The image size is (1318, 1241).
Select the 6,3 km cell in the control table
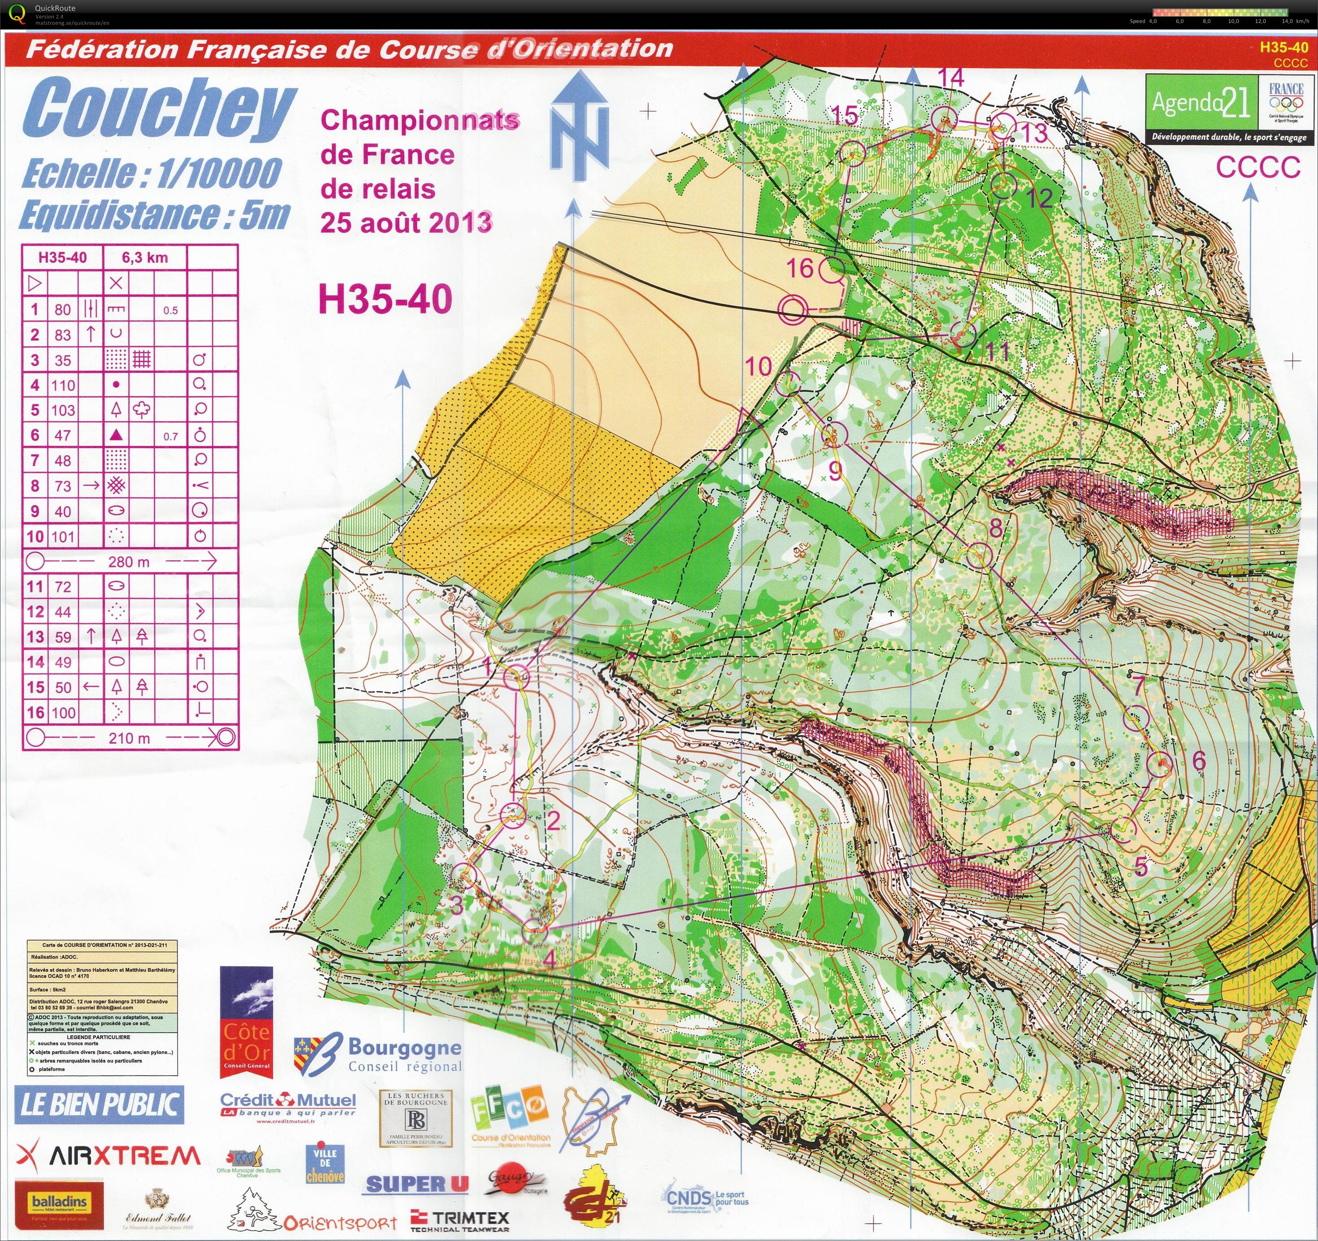(x=144, y=257)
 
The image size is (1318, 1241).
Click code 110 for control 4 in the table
(x=63, y=385)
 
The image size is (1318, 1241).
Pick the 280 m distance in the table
(x=129, y=561)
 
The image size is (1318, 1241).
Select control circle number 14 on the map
(x=945, y=119)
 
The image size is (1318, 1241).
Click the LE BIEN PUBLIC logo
(x=98, y=1104)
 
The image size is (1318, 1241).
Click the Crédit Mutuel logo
(x=288, y=1106)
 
